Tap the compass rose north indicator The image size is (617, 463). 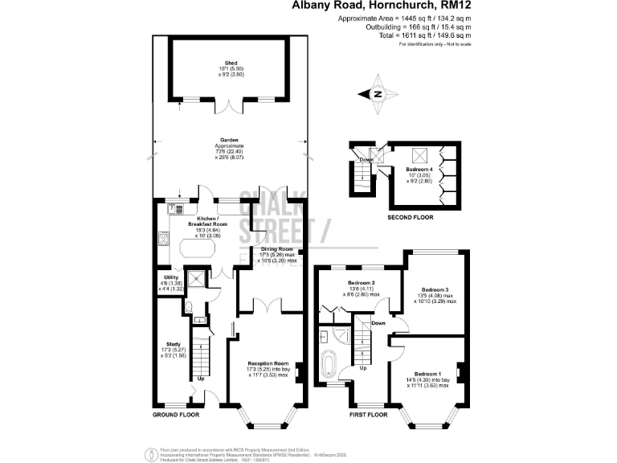click(x=379, y=94)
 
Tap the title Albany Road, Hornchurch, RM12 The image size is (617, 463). click(x=382, y=6)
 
